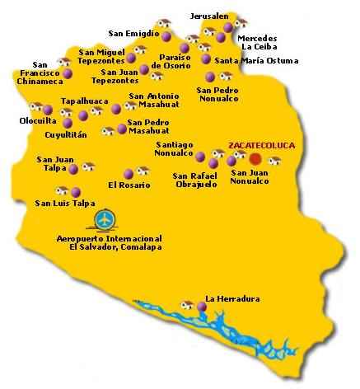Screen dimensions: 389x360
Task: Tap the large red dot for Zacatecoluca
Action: [x=256, y=158]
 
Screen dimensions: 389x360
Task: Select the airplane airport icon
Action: [x=105, y=220]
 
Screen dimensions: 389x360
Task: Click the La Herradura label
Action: [x=227, y=298]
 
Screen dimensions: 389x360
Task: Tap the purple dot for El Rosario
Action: [x=127, y=174]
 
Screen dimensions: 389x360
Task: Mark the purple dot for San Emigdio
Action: [x=166, y=37]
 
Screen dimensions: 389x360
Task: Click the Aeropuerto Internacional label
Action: [x=115, y=242]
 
